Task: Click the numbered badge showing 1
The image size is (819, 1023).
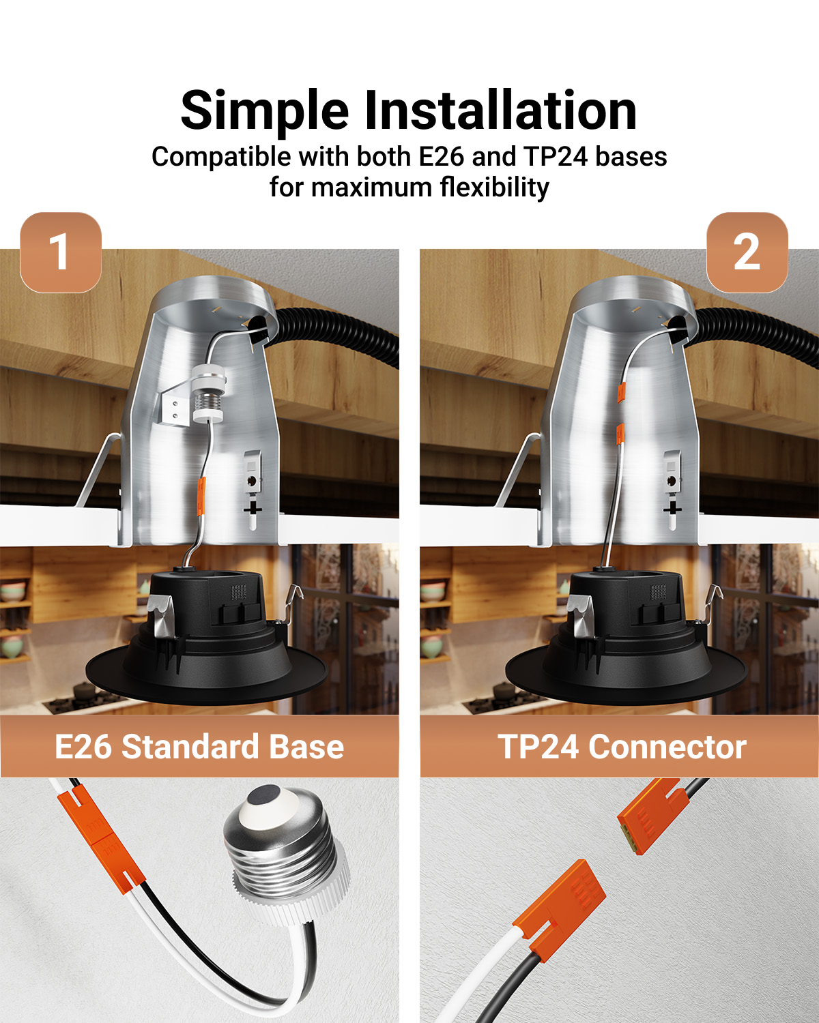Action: (x=61, y=252)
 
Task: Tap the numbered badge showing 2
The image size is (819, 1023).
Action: (x=747, y=252)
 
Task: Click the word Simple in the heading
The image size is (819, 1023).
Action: (x=265, y=112)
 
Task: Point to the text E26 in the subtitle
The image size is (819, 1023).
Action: (x=441, y=156)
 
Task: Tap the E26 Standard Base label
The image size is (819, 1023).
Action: (x=199, y=747)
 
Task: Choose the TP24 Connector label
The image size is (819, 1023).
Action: (x=622, y=747)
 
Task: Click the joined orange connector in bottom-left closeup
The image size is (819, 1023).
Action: (x=100, y=837)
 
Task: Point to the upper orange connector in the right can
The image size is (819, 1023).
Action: (x=621, y=391)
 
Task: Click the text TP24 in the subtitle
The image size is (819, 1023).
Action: (x=556, y=156)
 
